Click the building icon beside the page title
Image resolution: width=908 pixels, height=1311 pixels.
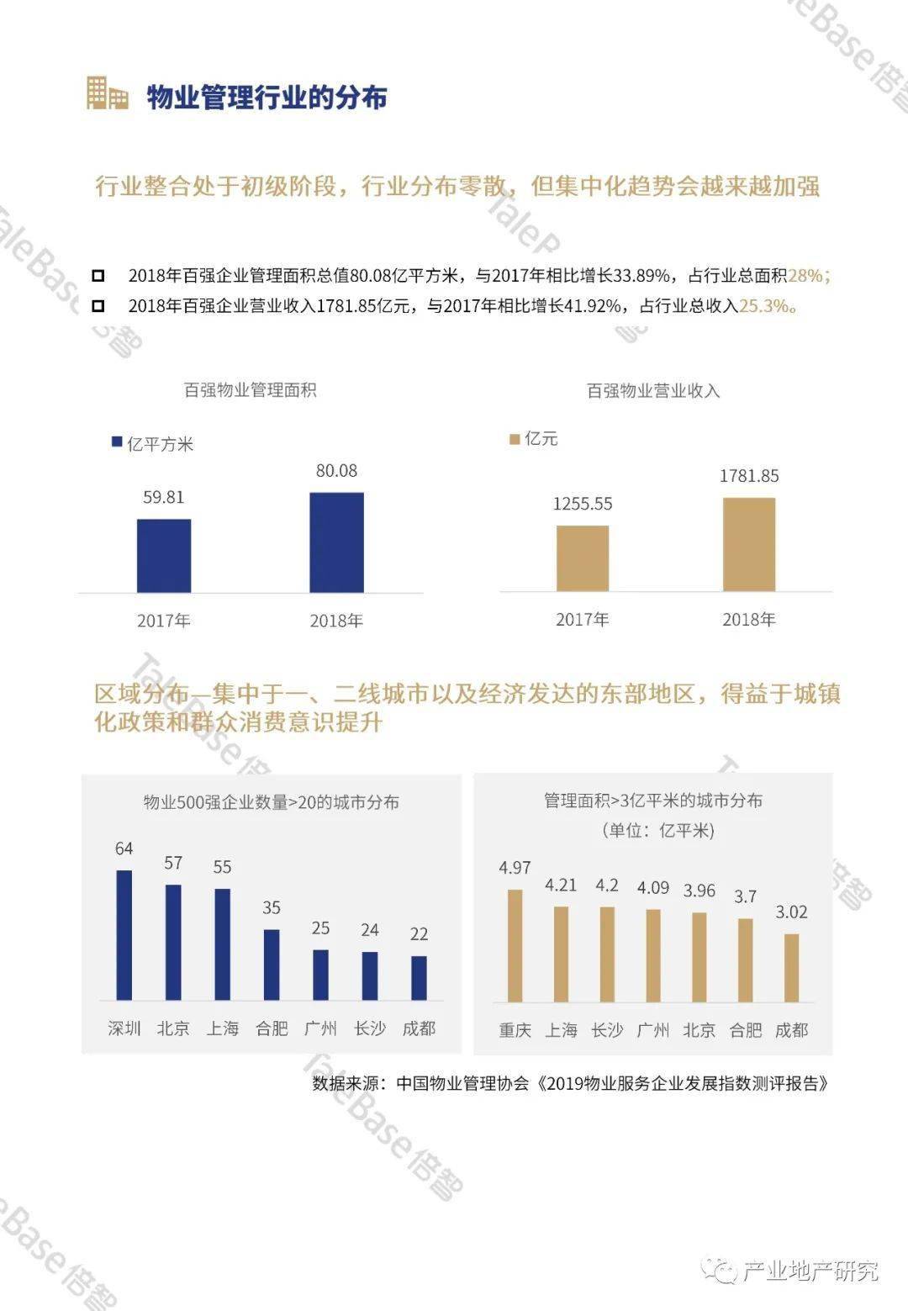(107, 93)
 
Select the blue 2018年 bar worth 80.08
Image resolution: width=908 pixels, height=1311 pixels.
(336, 542)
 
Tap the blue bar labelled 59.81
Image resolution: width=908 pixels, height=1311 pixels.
(164, 556)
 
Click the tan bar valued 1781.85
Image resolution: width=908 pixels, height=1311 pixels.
(749, 544)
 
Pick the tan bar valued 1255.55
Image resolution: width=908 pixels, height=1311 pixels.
(583, 558)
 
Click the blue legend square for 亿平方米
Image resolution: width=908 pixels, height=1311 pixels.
(116, 441)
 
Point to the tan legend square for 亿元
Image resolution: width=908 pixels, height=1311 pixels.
(515, 439)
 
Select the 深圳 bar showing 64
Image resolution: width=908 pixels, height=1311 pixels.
(124, 935)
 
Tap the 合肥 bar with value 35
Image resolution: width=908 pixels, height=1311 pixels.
(272, 965)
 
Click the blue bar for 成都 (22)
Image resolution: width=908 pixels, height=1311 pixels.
(419, 978)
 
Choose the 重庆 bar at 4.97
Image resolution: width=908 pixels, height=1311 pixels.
(515, 946)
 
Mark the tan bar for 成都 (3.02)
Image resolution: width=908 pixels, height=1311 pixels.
(792, 968)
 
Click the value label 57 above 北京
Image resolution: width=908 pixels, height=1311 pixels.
(173, 863)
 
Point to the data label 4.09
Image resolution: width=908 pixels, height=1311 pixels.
(653, 888)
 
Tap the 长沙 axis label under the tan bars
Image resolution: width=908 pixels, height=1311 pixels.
(607, 1030)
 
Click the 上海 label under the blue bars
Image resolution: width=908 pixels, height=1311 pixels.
(222, 1028)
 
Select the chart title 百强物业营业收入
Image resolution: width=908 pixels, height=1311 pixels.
(653, 391)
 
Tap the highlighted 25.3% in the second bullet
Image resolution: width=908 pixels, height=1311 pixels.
(764, 305)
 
